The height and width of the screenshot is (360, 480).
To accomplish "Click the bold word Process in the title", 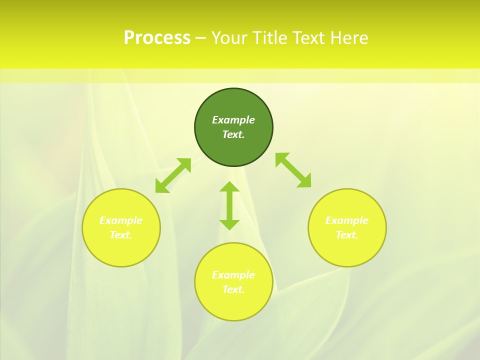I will coord(157,38).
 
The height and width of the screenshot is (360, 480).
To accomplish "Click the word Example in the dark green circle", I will coord(233,120).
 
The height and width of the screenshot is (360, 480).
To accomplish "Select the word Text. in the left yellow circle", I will coord(121,235).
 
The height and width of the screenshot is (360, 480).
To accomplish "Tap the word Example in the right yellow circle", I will coord(347,220).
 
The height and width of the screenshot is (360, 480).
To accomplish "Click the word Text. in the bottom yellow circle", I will coord(233,289).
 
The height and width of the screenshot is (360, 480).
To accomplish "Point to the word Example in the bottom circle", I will coord(233,275).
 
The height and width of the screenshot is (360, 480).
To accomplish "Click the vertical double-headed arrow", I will coord(229,205).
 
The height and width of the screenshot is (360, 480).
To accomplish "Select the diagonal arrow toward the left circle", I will coord(173,175).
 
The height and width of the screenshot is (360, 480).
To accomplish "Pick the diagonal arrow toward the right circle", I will coord(293,170).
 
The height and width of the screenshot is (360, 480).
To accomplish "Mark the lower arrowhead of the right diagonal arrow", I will coord(304,181).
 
